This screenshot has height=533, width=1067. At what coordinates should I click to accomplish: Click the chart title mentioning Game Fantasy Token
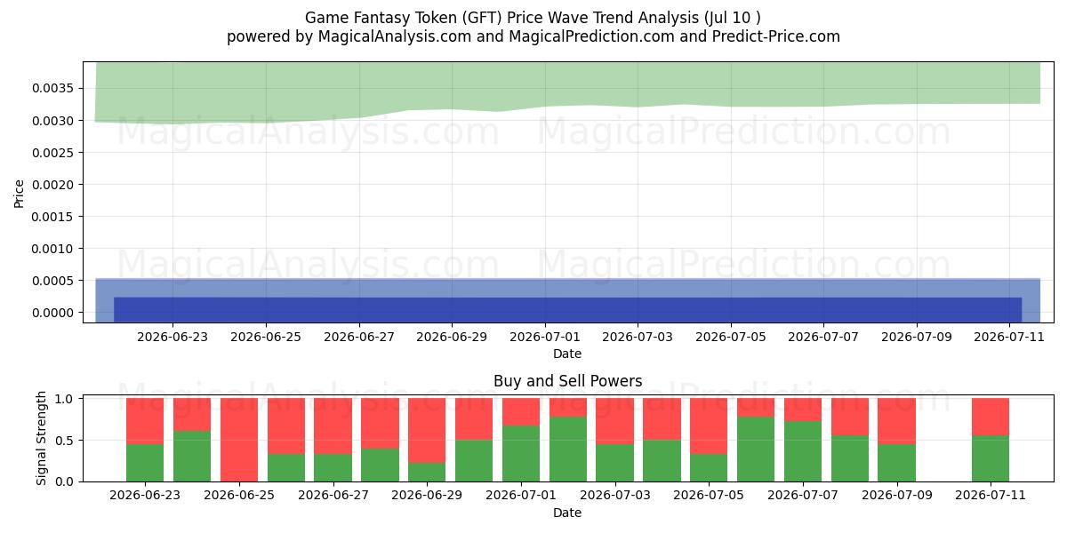pos(533,18)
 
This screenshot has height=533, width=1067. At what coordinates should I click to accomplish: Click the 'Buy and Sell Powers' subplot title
pos(568,381)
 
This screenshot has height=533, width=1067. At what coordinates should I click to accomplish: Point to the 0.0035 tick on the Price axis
pos(52,89)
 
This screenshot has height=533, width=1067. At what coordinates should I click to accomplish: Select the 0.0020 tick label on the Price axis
pos(52,185)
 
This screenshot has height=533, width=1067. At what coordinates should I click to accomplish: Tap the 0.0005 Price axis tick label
pos(52,281)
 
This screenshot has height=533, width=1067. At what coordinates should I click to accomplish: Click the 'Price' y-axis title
pos(19,194)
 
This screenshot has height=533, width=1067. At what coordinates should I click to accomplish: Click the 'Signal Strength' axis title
pos(41,438)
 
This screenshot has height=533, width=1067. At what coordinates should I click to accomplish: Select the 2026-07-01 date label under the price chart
pos(545,337)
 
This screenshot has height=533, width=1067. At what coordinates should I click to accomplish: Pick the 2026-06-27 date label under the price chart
pos(359,337)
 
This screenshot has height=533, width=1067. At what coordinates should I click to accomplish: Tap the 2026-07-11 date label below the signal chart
pos(991,495)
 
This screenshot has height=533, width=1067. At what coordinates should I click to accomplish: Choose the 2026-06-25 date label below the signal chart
pos(239,495)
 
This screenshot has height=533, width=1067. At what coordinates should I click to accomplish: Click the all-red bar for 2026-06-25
pos(239,440)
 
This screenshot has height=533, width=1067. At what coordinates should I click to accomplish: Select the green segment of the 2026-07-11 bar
pos(991,458)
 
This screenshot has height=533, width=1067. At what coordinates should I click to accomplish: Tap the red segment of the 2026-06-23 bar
pos(145,421)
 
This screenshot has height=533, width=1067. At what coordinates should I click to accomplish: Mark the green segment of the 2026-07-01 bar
pos(521,454)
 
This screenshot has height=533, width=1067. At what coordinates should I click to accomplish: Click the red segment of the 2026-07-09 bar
pos(896,421)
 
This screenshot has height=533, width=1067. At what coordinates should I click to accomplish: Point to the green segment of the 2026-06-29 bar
pos(427,472)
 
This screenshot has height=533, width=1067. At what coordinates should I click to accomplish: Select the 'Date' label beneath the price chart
pos(567,354)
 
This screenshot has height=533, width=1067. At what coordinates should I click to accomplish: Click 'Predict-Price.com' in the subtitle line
pos(776,36)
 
